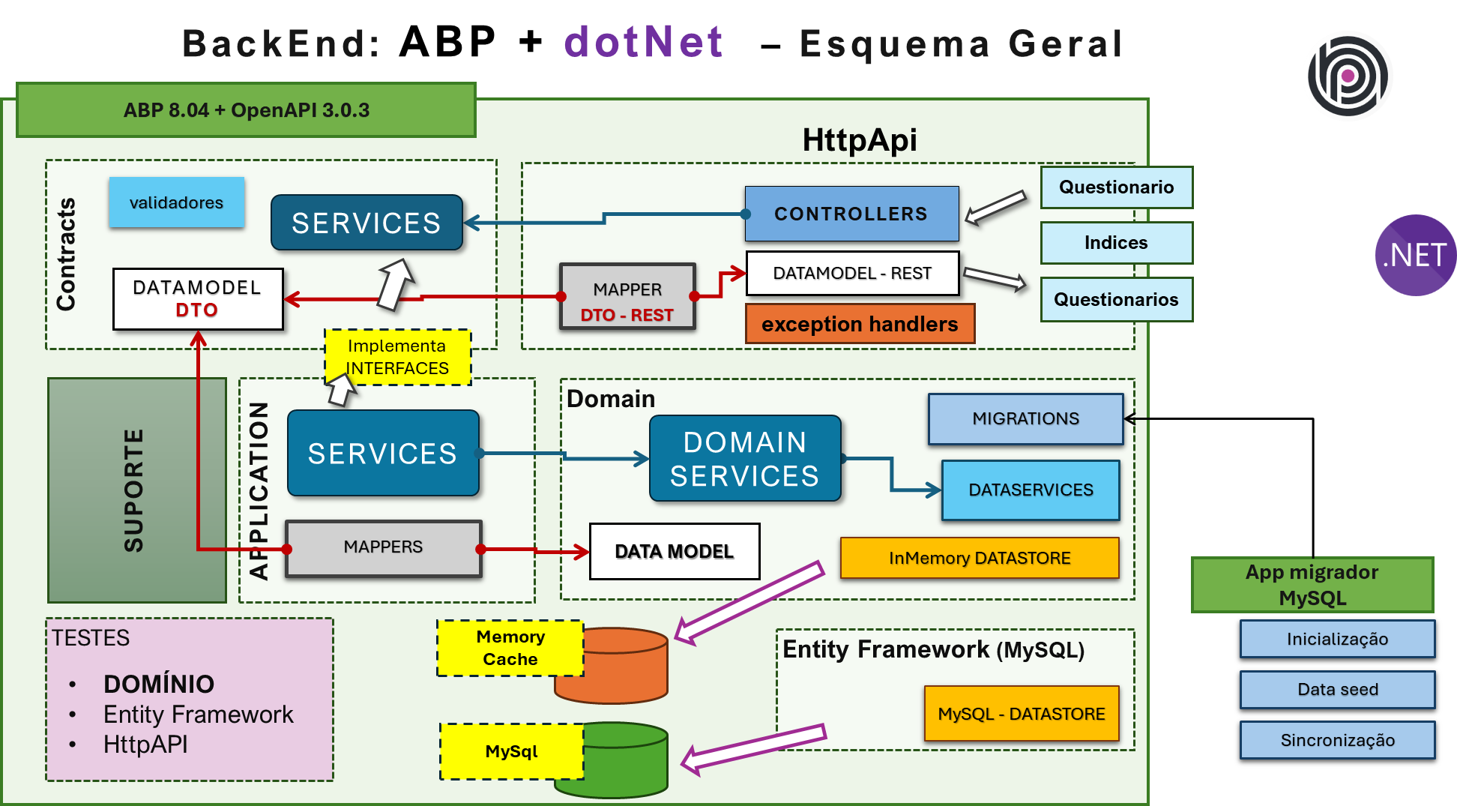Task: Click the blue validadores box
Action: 176,202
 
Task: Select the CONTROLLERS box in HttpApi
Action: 851,214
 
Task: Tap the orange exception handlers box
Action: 860,324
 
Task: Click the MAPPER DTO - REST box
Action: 627,297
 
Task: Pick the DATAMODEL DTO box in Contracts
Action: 198,298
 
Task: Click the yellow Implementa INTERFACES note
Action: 397,357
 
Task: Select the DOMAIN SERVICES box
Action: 744,458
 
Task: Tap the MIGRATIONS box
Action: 1025,418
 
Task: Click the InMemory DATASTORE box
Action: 979,558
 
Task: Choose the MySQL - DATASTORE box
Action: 1021,714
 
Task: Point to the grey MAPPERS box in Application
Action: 383,547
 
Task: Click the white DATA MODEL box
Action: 674,552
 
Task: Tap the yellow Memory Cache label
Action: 510,648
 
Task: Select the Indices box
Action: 1115,243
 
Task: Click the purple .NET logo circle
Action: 1414,256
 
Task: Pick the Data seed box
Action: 1337,690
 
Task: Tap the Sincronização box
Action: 1337,741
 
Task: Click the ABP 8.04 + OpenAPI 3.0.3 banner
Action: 246,110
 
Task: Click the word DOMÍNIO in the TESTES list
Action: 159,684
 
